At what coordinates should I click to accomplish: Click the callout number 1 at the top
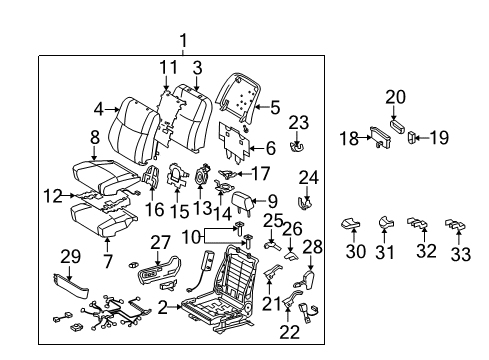click(183, 41)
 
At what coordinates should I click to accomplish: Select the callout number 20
click(395, 97)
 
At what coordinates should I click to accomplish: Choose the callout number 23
click(296, 122)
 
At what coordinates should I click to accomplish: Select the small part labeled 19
click(411, 140)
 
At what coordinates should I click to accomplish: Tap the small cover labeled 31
click(384, 222)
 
